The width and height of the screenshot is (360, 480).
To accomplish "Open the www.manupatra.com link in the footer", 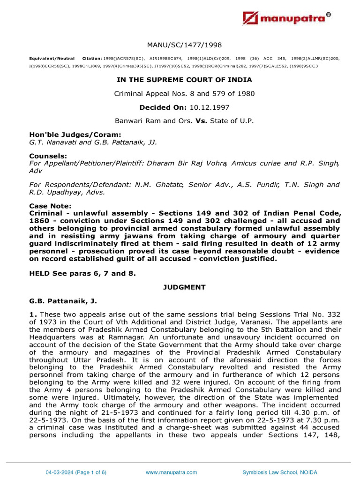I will point(172,472).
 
